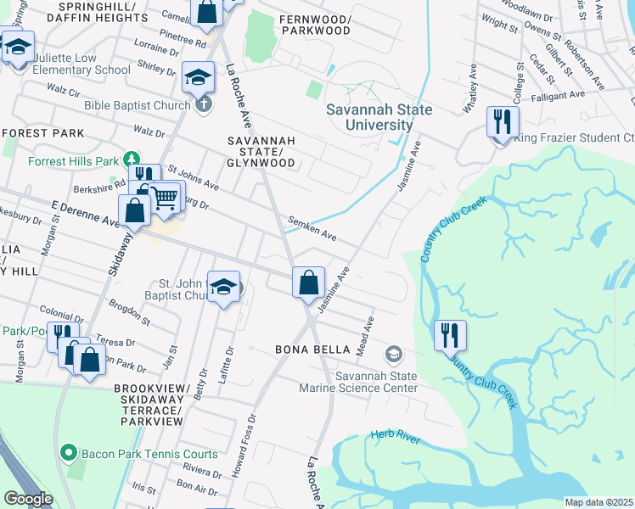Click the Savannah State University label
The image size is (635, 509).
coord(379,117)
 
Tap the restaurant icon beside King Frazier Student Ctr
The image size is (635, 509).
coord(502,121)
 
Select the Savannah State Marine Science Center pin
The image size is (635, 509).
coord(393,353)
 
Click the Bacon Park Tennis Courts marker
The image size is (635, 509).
coord(70,453)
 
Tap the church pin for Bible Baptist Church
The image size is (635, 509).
coord(202,105)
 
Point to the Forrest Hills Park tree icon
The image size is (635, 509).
coord(132,159)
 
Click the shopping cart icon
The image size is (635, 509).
coord(166,197)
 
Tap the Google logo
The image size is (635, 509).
coord(27,498)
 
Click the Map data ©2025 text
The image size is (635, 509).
coord(598,502)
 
